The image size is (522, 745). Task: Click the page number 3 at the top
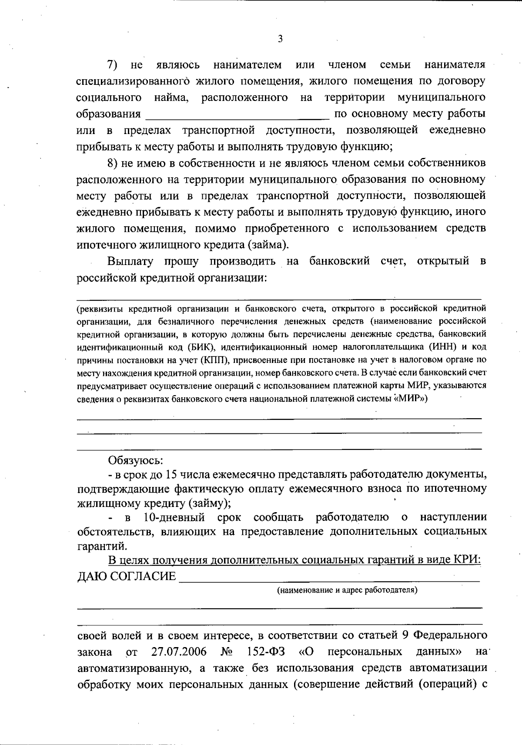click(280, 39)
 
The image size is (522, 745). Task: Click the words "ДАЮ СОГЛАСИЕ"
click(127, 577)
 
